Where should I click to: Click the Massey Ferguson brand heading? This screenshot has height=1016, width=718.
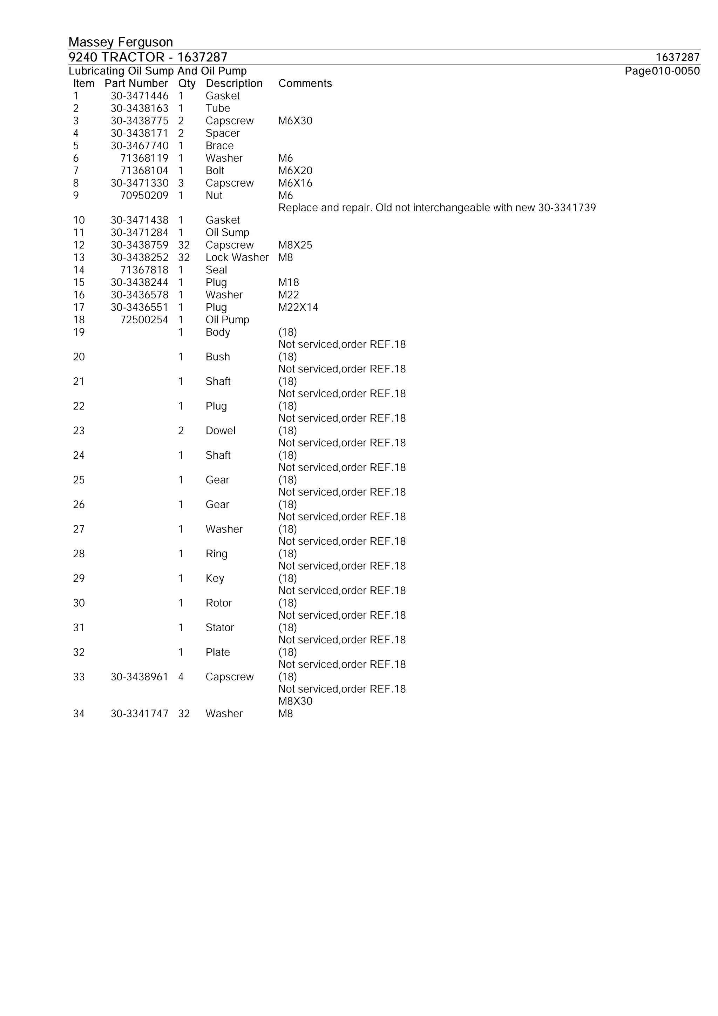click(x=120, y=42)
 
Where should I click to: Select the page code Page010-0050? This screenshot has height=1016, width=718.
click(x=662, y=71)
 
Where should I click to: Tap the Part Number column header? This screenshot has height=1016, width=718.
click(x=136, y=83)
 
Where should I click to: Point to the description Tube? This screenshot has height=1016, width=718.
click(x=218, y=108)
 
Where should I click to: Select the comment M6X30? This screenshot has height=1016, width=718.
click(x=295, y=121)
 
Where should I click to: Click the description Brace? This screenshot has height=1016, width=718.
click(x=219, y=146)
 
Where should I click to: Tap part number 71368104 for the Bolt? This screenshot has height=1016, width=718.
click(x=144, y=170)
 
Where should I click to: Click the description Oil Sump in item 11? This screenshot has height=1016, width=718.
click(x=228, y=233)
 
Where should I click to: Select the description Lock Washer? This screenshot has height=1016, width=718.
click(x=237, y=257)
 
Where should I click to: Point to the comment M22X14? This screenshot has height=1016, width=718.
click(x=298, y=307)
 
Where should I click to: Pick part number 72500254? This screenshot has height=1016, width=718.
click(x=144, y=319)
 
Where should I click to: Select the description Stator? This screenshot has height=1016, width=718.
click(x=219, y=627)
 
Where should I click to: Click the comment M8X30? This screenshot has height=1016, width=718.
click(x=295, y=701)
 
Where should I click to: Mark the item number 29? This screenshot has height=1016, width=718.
click(x=79, y=578)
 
